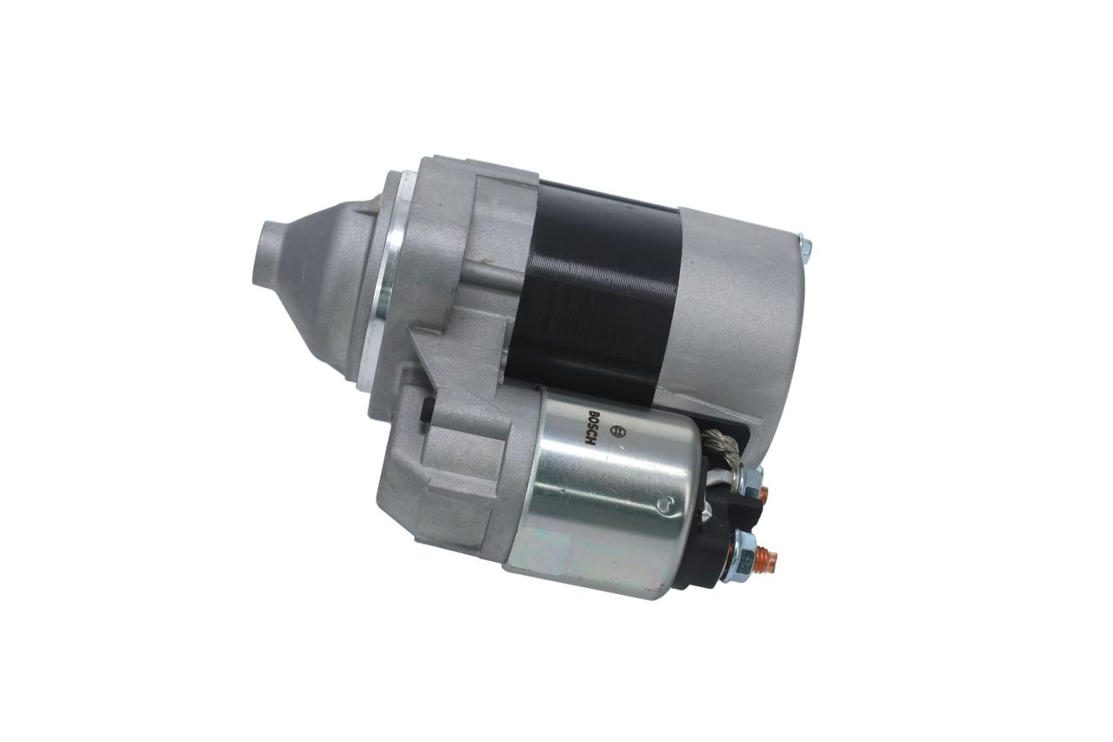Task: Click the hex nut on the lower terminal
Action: [x=743, y=557]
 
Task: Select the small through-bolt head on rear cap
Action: [x=804, y=250]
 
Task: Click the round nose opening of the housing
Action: [x=265, y=252]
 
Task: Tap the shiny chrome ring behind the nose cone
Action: [x=379, y=278]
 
